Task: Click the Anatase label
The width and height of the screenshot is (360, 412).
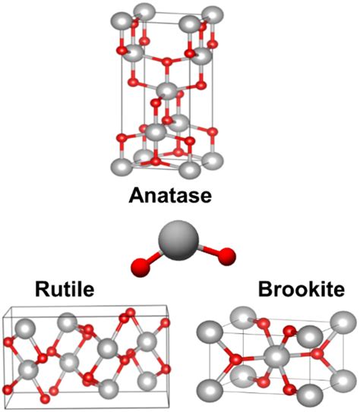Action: coord(170,195)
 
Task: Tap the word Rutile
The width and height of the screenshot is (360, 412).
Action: coord(65,289)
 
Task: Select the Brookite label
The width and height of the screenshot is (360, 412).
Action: coord(302,289)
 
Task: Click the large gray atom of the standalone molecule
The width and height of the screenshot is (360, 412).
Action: coord(178,241)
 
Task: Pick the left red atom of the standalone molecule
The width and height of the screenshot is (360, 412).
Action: coord(141,267)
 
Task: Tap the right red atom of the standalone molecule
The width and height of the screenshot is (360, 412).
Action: coord(226,256)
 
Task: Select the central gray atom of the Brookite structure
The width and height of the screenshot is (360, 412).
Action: coord(277,357)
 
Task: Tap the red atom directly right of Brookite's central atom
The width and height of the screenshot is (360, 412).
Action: coord(317,354)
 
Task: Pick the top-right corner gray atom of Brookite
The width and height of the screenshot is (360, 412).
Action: coord(343,322)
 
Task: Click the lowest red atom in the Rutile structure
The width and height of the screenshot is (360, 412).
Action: coord(46,399)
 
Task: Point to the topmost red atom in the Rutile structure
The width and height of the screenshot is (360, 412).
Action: coord(131,313)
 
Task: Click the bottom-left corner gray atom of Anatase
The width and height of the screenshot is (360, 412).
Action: coord(122,168)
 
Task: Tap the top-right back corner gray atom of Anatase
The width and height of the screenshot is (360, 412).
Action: coord(213,15)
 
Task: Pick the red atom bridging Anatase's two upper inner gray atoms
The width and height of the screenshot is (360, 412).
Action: coord(166,62)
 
